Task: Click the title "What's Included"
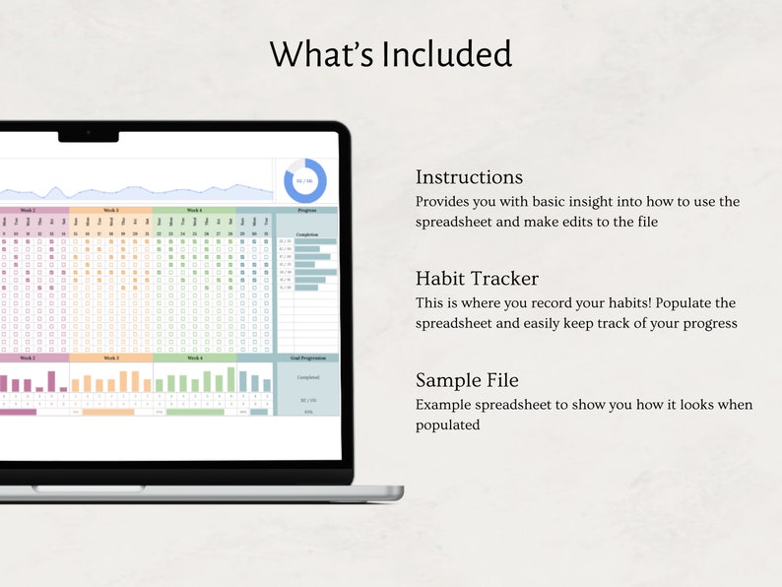pyautogui.click(x=390, y=53)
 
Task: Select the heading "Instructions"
pyautogui.click(x=469, y=177)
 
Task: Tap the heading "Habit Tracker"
pyautogui.click(x=477, y=279)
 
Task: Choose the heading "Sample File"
pyautogui.click(x=467, y=380)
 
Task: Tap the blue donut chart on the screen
pyautogui.click(x=305, y=180)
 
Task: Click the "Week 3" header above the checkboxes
pyautogui.click(x=110, y=210)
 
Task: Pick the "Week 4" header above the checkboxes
pyautogui.click(x=194, y=210)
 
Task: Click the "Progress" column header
pyautogui.click(x=306, y=210)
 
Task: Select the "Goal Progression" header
pyautogui.click(x=307, y=358)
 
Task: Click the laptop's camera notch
pyautogui.click(x=88, y=134)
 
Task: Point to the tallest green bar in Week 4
pyautogui.click(x=231, y=379)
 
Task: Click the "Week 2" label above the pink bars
pyautogui.click(x=27, y=358)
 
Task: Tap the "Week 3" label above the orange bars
pyautogui.click(x=110, y=358)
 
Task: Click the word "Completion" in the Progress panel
pyautogui.click(x=307, y=233)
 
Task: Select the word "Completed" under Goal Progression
pyautogui.click(x=307, y=376)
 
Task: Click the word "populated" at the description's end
pyautogui.click(x=447, y=425)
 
